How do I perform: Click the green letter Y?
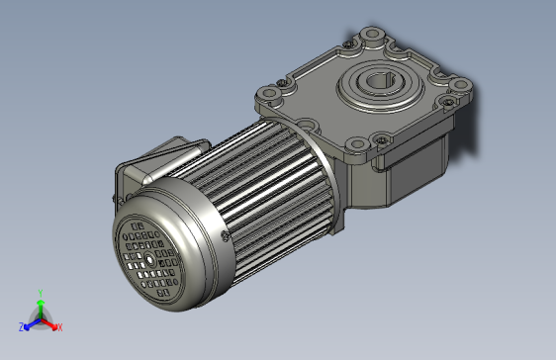coord(40,293)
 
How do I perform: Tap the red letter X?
coord(59,326)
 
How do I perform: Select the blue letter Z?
coord(21,325)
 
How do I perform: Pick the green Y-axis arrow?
coord(40,307)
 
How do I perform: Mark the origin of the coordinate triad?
coord(40,318)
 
